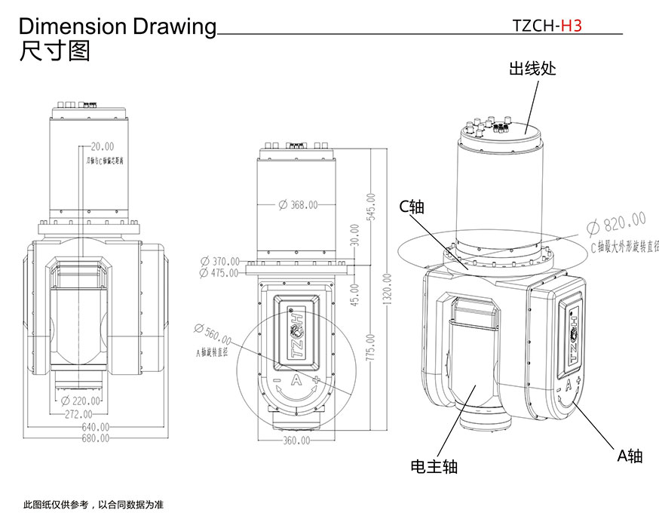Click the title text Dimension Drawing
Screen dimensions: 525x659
coord(117,26)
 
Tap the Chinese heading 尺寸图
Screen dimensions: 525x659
coord(54,51)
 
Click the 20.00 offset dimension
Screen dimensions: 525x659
coord(103,146)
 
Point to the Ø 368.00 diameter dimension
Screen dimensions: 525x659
coord(298,204)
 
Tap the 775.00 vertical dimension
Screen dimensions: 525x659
coord(370,347)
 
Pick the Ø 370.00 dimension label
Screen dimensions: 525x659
coord(219,261)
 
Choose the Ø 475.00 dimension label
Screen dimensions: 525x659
coord(219,272)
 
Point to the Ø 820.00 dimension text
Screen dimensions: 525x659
coord(616,223)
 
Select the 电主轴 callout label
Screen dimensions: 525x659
coord(434,466)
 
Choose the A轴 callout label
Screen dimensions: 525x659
coord(630,456)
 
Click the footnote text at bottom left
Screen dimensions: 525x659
coord(93,504)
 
